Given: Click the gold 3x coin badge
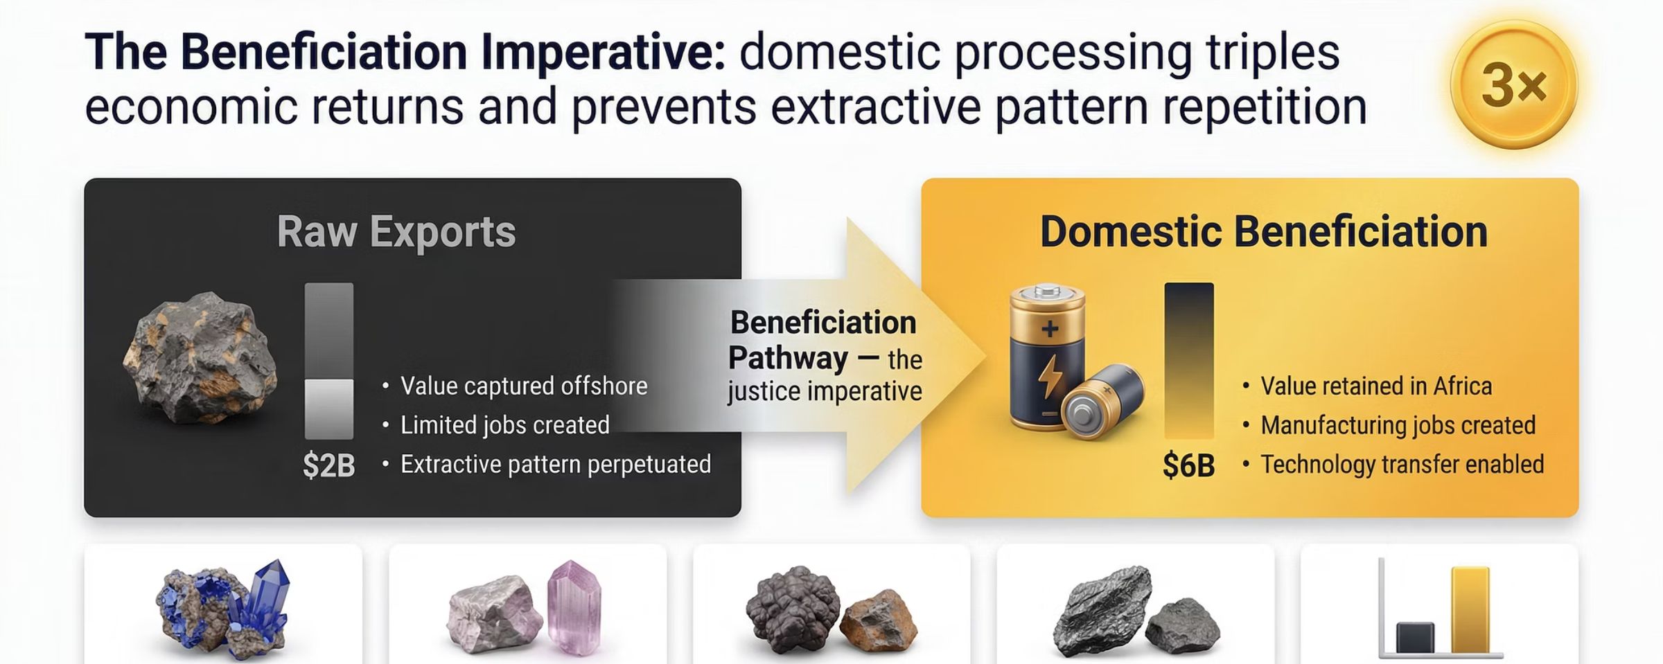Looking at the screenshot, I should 1513,84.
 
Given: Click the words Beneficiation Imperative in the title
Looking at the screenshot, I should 453,53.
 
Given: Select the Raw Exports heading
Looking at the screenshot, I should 396,232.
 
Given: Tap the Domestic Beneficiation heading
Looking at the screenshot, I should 1263,232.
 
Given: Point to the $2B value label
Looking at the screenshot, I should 328,466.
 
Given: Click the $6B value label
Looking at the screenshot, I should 1188,466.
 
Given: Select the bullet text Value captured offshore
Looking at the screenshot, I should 524,386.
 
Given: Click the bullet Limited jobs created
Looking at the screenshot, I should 504,425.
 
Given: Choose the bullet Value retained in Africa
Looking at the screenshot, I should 1375,386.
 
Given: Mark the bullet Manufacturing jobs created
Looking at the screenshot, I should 1398,425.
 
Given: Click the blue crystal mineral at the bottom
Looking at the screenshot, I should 267,599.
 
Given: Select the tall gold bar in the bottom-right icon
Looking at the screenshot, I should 1470,609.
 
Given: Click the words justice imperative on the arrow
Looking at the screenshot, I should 825,392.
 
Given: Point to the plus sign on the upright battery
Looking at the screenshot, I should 1050,328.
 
